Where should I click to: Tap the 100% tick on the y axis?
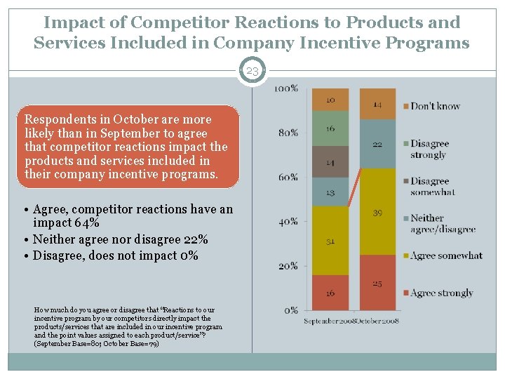pos(285,88)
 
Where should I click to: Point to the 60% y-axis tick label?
pos(288,177)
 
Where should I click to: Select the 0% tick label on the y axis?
pos(290,310)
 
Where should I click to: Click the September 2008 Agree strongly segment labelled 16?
pos(330,293)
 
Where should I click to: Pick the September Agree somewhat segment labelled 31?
pos(330,241)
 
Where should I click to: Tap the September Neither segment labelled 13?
pos(330,192)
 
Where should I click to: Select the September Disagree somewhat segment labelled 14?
pos(330,162)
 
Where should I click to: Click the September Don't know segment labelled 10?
pos(330,100)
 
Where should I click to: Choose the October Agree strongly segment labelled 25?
pos(377,282)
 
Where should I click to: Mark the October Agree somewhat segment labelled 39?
pos(377,211)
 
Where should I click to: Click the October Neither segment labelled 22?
pos(377,144)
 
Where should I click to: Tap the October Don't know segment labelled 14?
pos(377,104)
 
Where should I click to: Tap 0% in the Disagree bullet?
pos(187,255)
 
